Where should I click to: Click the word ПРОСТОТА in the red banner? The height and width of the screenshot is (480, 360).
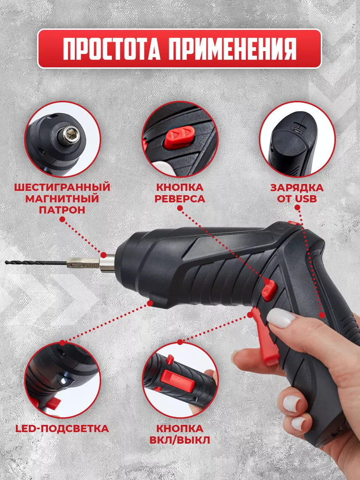tap(112, 49)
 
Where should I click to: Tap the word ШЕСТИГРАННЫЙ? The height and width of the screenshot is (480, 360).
tap(62, 188)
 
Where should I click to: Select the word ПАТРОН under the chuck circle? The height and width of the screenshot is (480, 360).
tap(62, 210)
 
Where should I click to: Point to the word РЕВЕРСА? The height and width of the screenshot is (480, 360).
tap(180, 198)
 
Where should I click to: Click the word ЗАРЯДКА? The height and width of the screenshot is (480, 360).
tap(297, 188)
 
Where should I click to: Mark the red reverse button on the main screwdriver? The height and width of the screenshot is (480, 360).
tap(270, 290)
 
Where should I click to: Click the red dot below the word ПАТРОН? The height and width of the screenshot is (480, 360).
tap(62, 219)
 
